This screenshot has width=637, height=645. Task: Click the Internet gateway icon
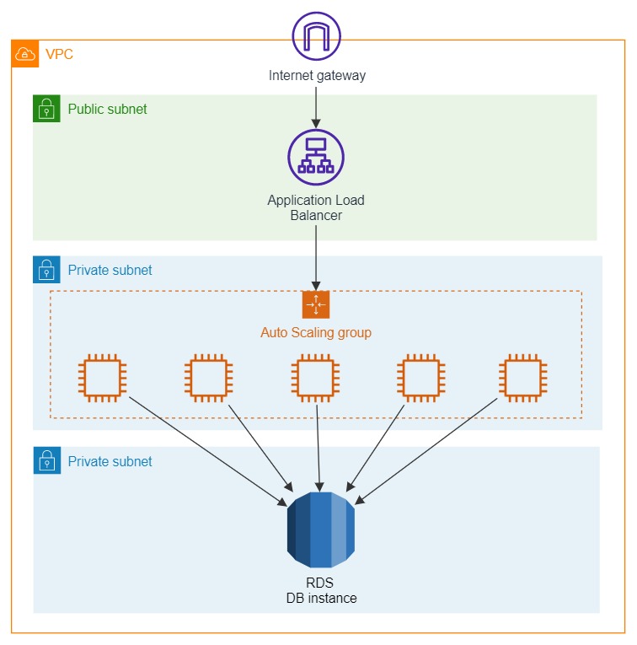(x=316, y=35)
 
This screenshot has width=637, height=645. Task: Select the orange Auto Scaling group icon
(x=316, y=304)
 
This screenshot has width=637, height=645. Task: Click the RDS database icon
(x=320, y=529)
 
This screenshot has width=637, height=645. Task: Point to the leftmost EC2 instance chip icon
(x=102, y=378)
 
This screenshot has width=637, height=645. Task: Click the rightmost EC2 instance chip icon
(x=523, y=378)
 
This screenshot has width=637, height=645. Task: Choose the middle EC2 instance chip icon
(x=316, y=378)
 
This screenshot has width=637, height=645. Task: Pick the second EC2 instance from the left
(x=208, y=378)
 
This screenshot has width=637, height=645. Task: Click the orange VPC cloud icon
(x=25, y=54)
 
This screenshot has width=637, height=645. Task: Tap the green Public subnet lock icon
(x=46, y=109)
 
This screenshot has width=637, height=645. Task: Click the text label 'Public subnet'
(x=107, y=109)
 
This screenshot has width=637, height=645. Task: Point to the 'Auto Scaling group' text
(x=316, y=332)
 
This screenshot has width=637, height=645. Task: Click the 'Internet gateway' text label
(x=317, y=75)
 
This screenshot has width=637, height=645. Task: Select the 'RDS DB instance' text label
(x=319, y=590)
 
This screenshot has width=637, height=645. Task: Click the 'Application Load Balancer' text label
(x=316, y=207)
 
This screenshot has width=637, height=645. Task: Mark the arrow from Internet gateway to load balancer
(x=316, y=105)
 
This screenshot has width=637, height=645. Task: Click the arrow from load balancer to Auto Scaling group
(x=316, y=256)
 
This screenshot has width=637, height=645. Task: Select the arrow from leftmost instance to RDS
(x=206, y=450)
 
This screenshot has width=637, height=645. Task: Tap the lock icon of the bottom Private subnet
(x=46, y=460)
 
